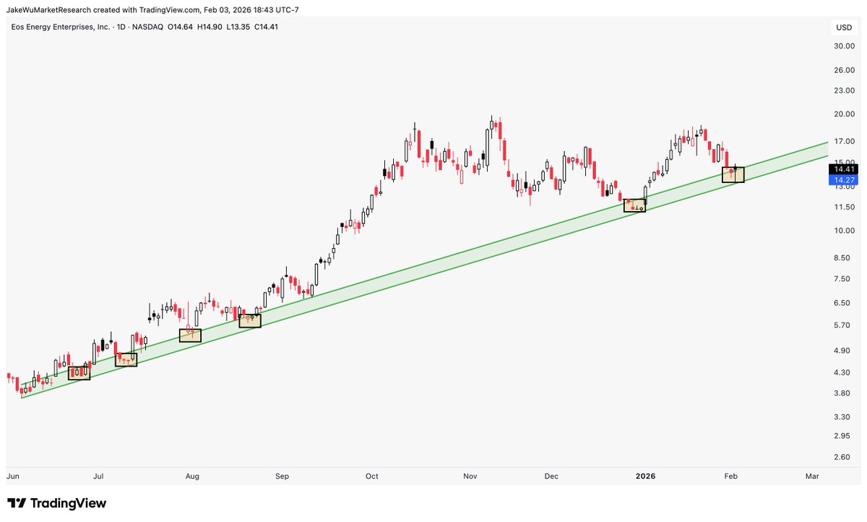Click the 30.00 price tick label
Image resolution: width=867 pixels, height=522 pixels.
845,46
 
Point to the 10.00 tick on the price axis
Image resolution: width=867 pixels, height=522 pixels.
845,231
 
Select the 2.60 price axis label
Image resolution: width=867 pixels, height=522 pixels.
842,457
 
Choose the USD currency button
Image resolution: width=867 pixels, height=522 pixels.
844,28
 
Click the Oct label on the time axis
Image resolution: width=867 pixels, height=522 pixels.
372,476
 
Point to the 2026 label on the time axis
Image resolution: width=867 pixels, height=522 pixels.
645,476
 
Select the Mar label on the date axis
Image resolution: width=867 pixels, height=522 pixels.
812,476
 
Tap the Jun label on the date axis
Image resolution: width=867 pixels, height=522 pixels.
12,476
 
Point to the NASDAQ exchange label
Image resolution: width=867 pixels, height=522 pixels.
149,27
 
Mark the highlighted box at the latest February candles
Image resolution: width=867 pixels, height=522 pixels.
733,174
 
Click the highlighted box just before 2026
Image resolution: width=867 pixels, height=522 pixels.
634,205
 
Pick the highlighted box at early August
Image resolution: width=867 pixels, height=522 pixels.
191,335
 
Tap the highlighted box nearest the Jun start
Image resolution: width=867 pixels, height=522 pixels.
79,373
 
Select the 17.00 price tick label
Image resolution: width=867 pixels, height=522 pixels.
845,141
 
